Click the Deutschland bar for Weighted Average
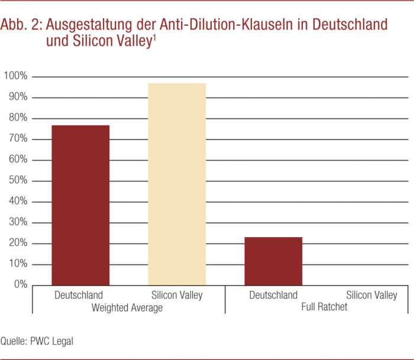[80, 205]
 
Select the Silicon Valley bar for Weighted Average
[177, 184]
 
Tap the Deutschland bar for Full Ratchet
[273, 261]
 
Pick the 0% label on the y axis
[20, 285]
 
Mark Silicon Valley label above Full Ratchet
[372, 295]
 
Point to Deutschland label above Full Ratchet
[273, 295]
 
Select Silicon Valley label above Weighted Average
[177, 295]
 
